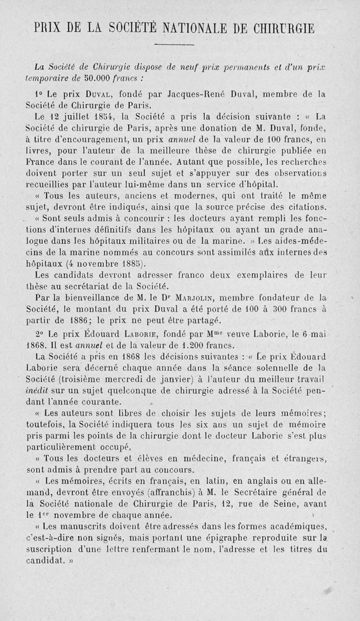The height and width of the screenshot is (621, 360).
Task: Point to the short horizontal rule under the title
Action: pos(180,45)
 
